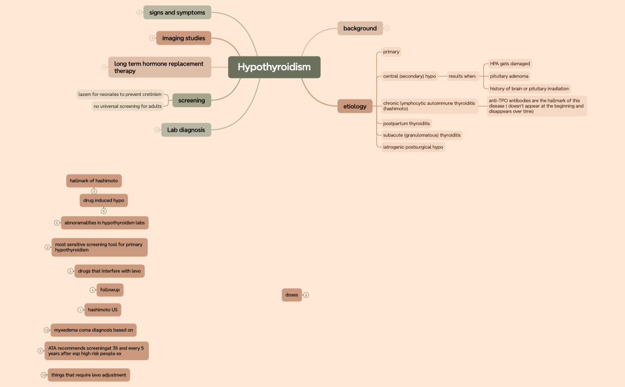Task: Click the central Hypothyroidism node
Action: [274, 67]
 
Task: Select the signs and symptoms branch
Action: [177, 13]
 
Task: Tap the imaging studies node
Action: [183, 38]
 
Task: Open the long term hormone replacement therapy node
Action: [160, 67]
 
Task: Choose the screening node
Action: [191, 101]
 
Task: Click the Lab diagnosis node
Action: [186, 130]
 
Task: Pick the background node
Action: [360, 28]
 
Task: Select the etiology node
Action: [355, 107]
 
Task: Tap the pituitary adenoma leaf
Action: [509, 76]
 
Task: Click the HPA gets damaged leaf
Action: [510, 64]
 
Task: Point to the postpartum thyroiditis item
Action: [407, 123]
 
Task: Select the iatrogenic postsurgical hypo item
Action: [413, 147]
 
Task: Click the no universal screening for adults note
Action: [127, 107]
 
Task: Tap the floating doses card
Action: [292, 295]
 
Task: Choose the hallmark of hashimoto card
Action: [94, 180]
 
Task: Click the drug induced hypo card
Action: [104, 201]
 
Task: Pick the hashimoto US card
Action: [102, 310]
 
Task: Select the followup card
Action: [110, 290]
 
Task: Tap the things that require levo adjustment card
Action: [89, 375]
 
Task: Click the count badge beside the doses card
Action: [306, 295]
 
